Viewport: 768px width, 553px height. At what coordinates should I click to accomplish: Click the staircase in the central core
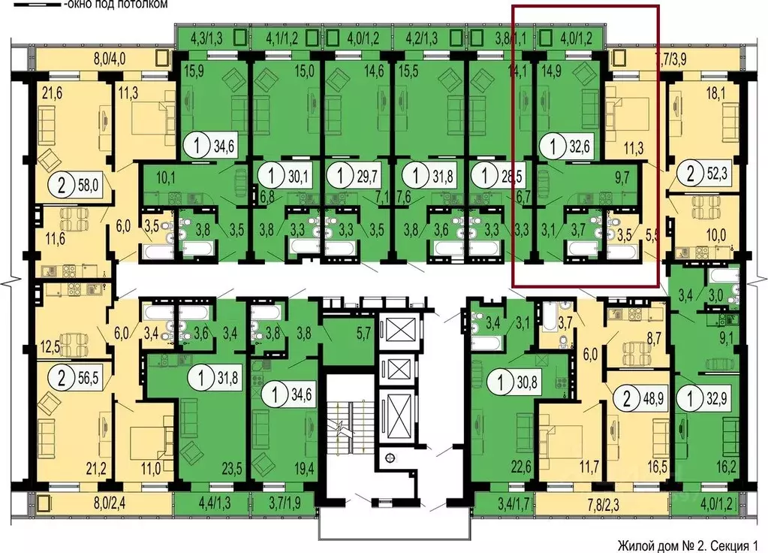(346, 428)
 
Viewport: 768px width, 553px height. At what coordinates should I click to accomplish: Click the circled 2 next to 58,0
(58, 183)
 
